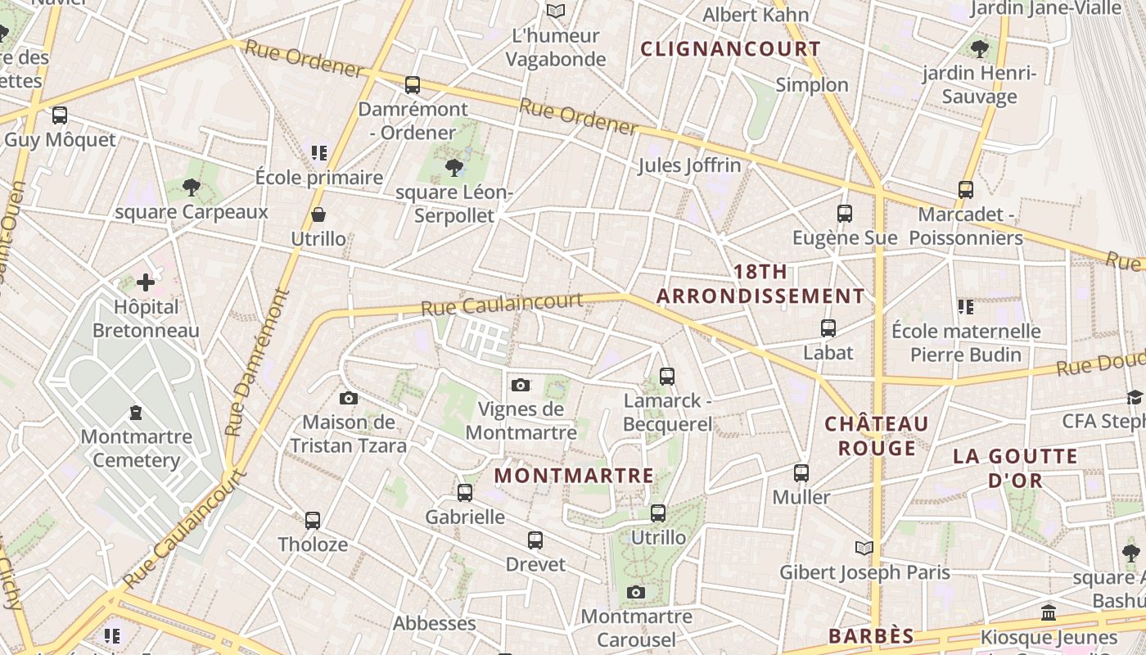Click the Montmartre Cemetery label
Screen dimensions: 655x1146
tap(136, 448)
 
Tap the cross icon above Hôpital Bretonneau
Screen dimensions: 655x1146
tap(146, 283)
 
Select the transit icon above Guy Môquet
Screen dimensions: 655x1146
tap(59, 115)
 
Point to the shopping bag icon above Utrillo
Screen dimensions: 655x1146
tap(318, 215)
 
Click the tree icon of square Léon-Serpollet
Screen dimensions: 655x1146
tap(453, 169)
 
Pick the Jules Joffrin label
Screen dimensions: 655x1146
tap(689, 165)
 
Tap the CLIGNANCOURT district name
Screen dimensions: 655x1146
tap(730, 49)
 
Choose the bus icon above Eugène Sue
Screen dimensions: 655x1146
tap(845, 214)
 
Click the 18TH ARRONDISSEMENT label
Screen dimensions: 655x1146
tap(760, 284)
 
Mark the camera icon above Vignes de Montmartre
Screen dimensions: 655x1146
tap(521, 385)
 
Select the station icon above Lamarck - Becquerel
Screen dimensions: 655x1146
tap(667, 377)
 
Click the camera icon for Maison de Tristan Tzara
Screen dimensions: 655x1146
tap(349, 399)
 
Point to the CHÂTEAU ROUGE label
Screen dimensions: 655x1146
tap(877, 436)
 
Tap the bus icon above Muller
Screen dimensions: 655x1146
tap(801, 473)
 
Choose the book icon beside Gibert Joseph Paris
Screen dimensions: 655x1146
tap(864, 548)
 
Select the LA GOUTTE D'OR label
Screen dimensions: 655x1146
tap(1015, 468)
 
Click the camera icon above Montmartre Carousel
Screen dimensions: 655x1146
tap(636, 593)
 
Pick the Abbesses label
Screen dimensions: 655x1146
tap(434, 623)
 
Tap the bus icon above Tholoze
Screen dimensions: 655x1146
tap(313, 521)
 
